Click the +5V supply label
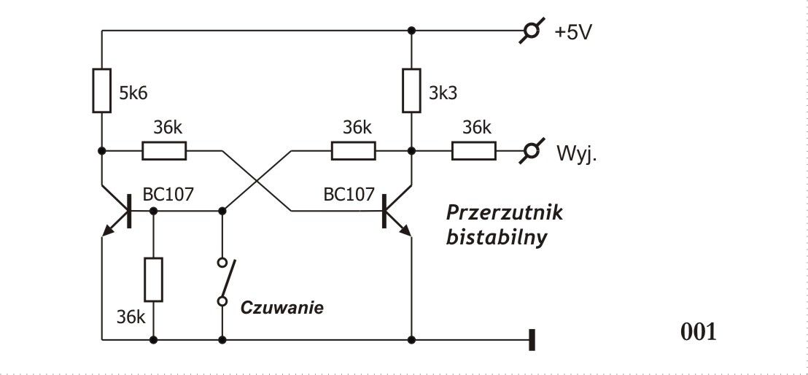coord(573,32)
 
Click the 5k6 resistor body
coord(101,90)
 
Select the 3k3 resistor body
coord(411,90)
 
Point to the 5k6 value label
coord(133,93)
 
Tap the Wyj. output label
coord(576,154)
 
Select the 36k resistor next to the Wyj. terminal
coord(474,151)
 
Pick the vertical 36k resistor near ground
coord(154,279)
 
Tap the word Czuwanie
coord(282,308)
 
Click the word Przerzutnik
coord(505,212)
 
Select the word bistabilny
coord(496,239)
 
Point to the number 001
coord(699,332)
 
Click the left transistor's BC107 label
coord(168,194)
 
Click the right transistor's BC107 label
coord(349,194)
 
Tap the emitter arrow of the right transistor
coord(405,230)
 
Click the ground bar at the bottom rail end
coord(532,340)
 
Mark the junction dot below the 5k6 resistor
coord(101,151)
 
